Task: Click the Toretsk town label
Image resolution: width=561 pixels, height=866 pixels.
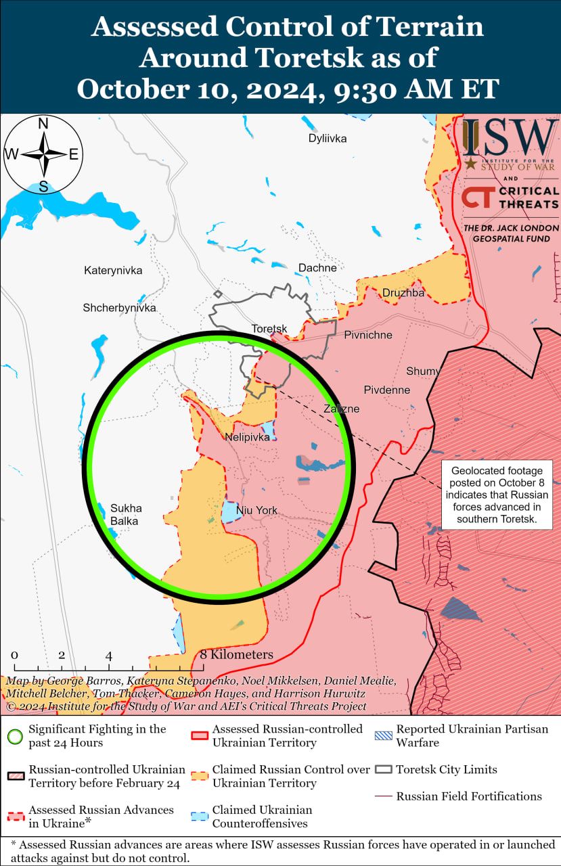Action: click(x=269, y=329)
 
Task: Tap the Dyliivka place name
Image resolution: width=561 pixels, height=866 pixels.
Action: click(x=327, y=139)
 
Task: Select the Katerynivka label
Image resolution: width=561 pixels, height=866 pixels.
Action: click(x=113, y=271)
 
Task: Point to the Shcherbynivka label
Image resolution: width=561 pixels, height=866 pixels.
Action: click(x=119, y=308)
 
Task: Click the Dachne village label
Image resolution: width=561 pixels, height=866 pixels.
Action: click(x=317, y=268)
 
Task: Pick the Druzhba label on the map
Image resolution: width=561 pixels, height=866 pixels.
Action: click(x=403, y=293)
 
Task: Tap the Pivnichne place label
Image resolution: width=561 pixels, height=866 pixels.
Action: click(x=367, y=335)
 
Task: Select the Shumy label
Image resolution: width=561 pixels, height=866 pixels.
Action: click(x=423, y=371)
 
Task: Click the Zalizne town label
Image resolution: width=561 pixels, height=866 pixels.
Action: click(x=341, y=409)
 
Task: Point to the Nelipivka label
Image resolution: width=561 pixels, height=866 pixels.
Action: click(x=247, y=437)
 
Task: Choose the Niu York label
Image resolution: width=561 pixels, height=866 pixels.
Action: click(x=256, y=511)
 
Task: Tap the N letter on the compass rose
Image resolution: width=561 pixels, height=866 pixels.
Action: click(x=43, y=124)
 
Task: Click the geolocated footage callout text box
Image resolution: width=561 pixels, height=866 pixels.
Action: click(x=497, y=495)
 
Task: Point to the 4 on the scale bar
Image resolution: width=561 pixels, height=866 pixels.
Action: click(x=108, y=656)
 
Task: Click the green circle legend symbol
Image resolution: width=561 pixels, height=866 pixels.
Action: click(x=16, y=736)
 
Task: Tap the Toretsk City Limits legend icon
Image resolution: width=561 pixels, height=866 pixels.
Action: click(x=384, y=770)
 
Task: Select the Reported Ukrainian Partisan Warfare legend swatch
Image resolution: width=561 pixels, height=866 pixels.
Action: click(x=384, y=736)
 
